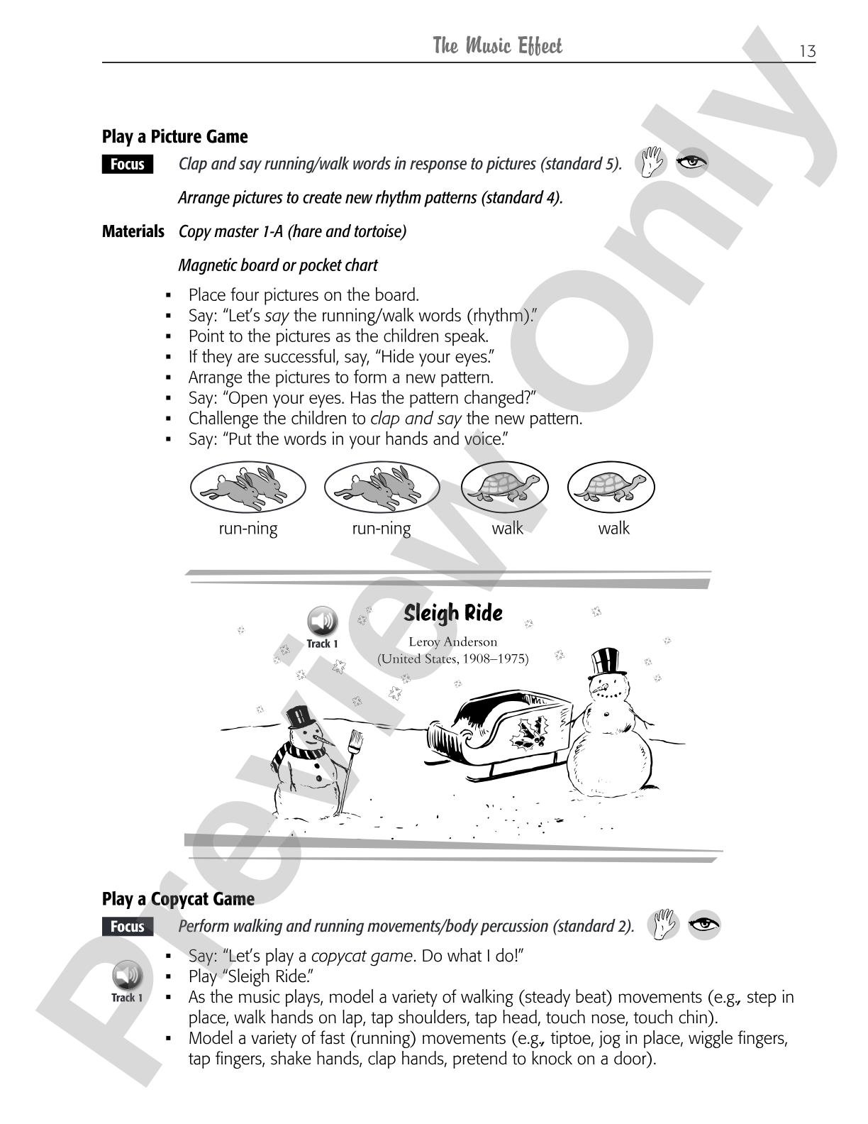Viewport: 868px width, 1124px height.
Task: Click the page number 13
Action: (807, 51)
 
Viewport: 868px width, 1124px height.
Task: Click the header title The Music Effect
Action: (497, 45)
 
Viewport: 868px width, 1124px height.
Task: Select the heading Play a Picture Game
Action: (174, 136)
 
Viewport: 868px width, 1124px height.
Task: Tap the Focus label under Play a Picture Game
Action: (127, 164)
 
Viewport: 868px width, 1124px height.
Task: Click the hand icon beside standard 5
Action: (651, 162)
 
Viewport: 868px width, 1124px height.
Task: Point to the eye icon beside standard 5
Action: (691, 162)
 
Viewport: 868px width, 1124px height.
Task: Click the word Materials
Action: (133, 231)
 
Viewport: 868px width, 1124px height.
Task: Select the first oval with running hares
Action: (248, 487)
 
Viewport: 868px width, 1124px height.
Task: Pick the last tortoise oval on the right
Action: (611, 487)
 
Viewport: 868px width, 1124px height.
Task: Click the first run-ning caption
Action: (248, 529)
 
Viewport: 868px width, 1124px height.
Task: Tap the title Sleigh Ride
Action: (453, 613)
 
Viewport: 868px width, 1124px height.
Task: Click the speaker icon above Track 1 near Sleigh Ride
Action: (322, 621)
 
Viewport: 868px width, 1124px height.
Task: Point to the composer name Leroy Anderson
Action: (453, 642)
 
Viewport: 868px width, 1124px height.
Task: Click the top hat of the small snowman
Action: (300, 717)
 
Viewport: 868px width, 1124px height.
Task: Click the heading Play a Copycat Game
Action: (178, 899)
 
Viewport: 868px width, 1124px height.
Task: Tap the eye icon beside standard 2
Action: (704, 925)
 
